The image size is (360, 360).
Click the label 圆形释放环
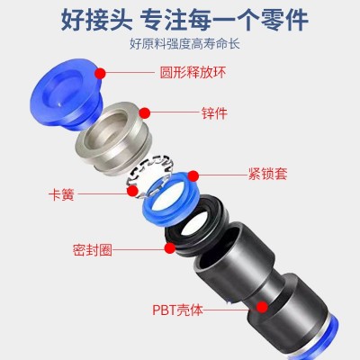(193, 73)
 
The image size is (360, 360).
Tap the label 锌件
(214, 113)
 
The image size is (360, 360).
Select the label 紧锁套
(267, 174)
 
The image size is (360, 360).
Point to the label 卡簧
(61, 194)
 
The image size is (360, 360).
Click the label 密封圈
(93, 249)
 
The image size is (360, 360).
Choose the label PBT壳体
(177, 310)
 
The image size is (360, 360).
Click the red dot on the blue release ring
(100, 73)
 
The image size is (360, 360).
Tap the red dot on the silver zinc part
(145, 112)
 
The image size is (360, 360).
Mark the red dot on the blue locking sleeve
(193, 176)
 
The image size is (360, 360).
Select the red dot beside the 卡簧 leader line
(132, 191)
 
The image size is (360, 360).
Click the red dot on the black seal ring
(170, 248)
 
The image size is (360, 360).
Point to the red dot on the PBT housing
(262, 307)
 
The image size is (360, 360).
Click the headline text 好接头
(96, 20)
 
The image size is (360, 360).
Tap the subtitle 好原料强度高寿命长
(184, 44)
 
